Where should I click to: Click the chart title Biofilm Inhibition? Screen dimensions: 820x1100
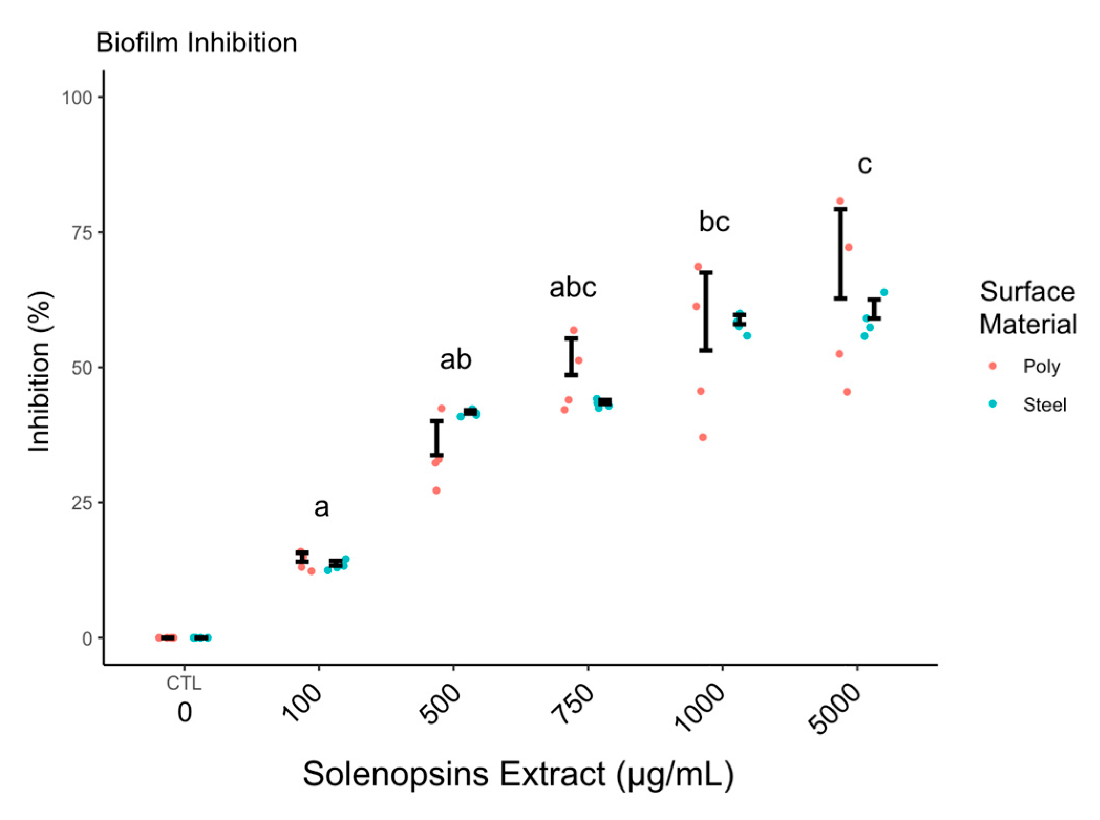(196, 42)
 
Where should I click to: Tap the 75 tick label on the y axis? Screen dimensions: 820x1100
(82, 232)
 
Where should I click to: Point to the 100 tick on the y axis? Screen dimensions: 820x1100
(77, 98)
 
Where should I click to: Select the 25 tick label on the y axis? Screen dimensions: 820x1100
(82, 503)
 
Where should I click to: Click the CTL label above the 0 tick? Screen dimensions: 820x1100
(184, 683)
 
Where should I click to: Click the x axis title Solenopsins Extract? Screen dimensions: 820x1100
(517, 774)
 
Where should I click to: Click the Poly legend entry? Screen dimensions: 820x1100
(1041, 366)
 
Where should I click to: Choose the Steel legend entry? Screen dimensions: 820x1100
(1044, 404)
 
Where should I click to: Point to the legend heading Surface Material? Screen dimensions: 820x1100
(1027, 307)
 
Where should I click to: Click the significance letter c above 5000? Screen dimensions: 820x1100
(864, 164)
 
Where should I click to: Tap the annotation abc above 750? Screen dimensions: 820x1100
(572, 287)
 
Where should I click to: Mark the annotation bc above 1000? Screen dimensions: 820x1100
(714, 221)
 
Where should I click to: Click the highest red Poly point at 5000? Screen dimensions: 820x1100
(840, 201)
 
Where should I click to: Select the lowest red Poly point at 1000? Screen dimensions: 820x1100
(702, 437)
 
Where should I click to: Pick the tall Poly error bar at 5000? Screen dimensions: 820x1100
(840, 254)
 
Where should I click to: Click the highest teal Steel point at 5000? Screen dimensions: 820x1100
(883, 292)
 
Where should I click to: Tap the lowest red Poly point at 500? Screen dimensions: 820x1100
(436, 491)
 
